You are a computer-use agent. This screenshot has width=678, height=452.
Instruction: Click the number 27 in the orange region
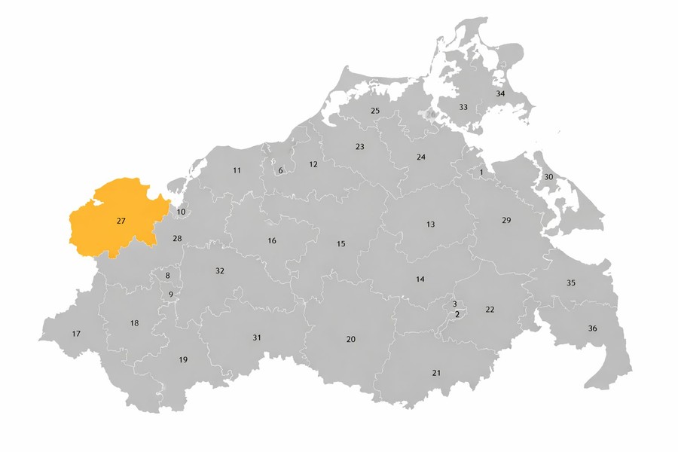(x=121, y=221)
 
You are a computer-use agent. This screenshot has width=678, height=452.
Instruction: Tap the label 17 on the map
(x=76, y=334)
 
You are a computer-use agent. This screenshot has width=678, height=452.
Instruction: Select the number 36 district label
(x=592, y=328)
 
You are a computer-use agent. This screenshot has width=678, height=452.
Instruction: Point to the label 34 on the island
(x=500, y=94)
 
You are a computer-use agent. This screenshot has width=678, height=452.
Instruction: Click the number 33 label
(x=463, y=107)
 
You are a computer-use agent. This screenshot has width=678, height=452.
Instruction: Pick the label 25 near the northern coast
(x=375, y=111)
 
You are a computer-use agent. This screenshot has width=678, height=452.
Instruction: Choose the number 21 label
(x=436, y=373)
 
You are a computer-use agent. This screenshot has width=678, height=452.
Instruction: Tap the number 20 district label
(x=350, y=340)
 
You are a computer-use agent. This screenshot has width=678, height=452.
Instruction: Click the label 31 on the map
(x=257, y=337)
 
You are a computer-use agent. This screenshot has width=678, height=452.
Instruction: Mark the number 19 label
(x=183, y=360)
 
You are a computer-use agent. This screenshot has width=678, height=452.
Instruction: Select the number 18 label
(x=134, y=323)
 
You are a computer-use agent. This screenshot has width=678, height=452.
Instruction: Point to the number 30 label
(x=548, y=177)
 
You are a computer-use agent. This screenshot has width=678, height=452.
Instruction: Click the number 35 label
(x=571, y=283)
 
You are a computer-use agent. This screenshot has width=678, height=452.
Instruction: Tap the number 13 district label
(x=430, y=224)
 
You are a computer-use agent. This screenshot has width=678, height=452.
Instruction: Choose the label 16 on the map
(x=272, y=241)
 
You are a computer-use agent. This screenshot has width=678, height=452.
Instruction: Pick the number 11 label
(x=237, y=171)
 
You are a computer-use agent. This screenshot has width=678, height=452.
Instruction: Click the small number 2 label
(x=457, y=314)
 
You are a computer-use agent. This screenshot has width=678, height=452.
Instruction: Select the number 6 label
(x=280, y=171)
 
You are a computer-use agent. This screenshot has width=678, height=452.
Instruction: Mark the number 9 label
(x=171, y=295)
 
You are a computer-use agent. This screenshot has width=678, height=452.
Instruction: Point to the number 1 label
(x=481, y=173)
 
